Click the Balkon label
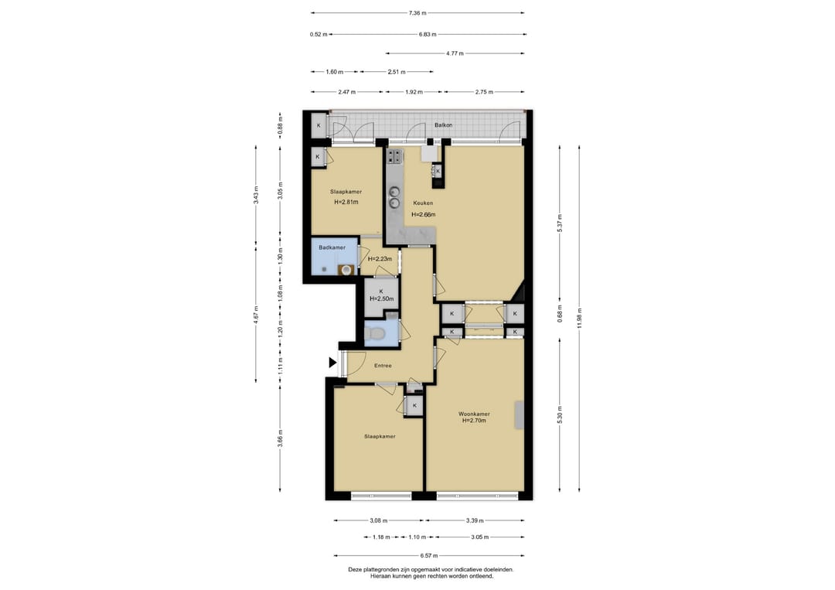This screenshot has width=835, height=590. coord(443,125)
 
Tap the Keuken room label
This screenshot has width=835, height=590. coord(423,203)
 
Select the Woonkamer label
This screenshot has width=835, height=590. coord(474,414)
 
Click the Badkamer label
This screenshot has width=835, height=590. coord(332,247)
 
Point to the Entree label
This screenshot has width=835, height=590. coord(383,366)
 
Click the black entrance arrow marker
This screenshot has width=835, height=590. coord(332,363)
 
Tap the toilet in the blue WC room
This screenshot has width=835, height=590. coord(377,333)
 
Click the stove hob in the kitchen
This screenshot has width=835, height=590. coord(394,156)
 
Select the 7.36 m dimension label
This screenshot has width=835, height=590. coord(417,13)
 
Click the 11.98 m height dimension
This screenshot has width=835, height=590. coord(579,319)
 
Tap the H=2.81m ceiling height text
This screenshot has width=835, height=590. coord(346,203)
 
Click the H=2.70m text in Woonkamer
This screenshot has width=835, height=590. coord(474,421)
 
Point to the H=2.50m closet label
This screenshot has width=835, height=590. coord(381,298)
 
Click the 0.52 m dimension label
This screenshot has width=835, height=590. coord(319,35)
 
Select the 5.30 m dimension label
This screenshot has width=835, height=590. coord(560,415)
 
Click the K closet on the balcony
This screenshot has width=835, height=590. coord(319,126)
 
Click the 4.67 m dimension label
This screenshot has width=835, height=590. coord(256,315)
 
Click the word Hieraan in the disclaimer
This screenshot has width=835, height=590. coord(380,576)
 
